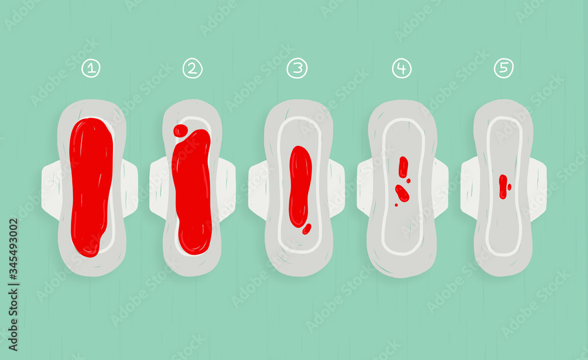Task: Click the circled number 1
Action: [x=91, y=68]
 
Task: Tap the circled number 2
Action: [x=192, y=68]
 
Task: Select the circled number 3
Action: [x=297, y=68]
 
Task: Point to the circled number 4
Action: [x=402, y=68]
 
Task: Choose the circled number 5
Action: [x=503, y=68]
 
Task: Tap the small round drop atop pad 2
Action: [x=181, y=131]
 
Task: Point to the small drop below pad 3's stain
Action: [x=306, y=229]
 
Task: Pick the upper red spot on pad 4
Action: [x=403, y=166]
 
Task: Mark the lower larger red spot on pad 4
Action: [x=402, y=192]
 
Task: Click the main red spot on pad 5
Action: [x=503, y=186]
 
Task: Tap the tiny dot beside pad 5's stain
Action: [x=509, y=186]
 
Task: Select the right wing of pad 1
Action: [x=131, y=188]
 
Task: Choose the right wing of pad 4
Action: [x=441, y=188]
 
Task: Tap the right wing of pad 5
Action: [x=539, y=188]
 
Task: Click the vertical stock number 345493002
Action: [x=14, y=259]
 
